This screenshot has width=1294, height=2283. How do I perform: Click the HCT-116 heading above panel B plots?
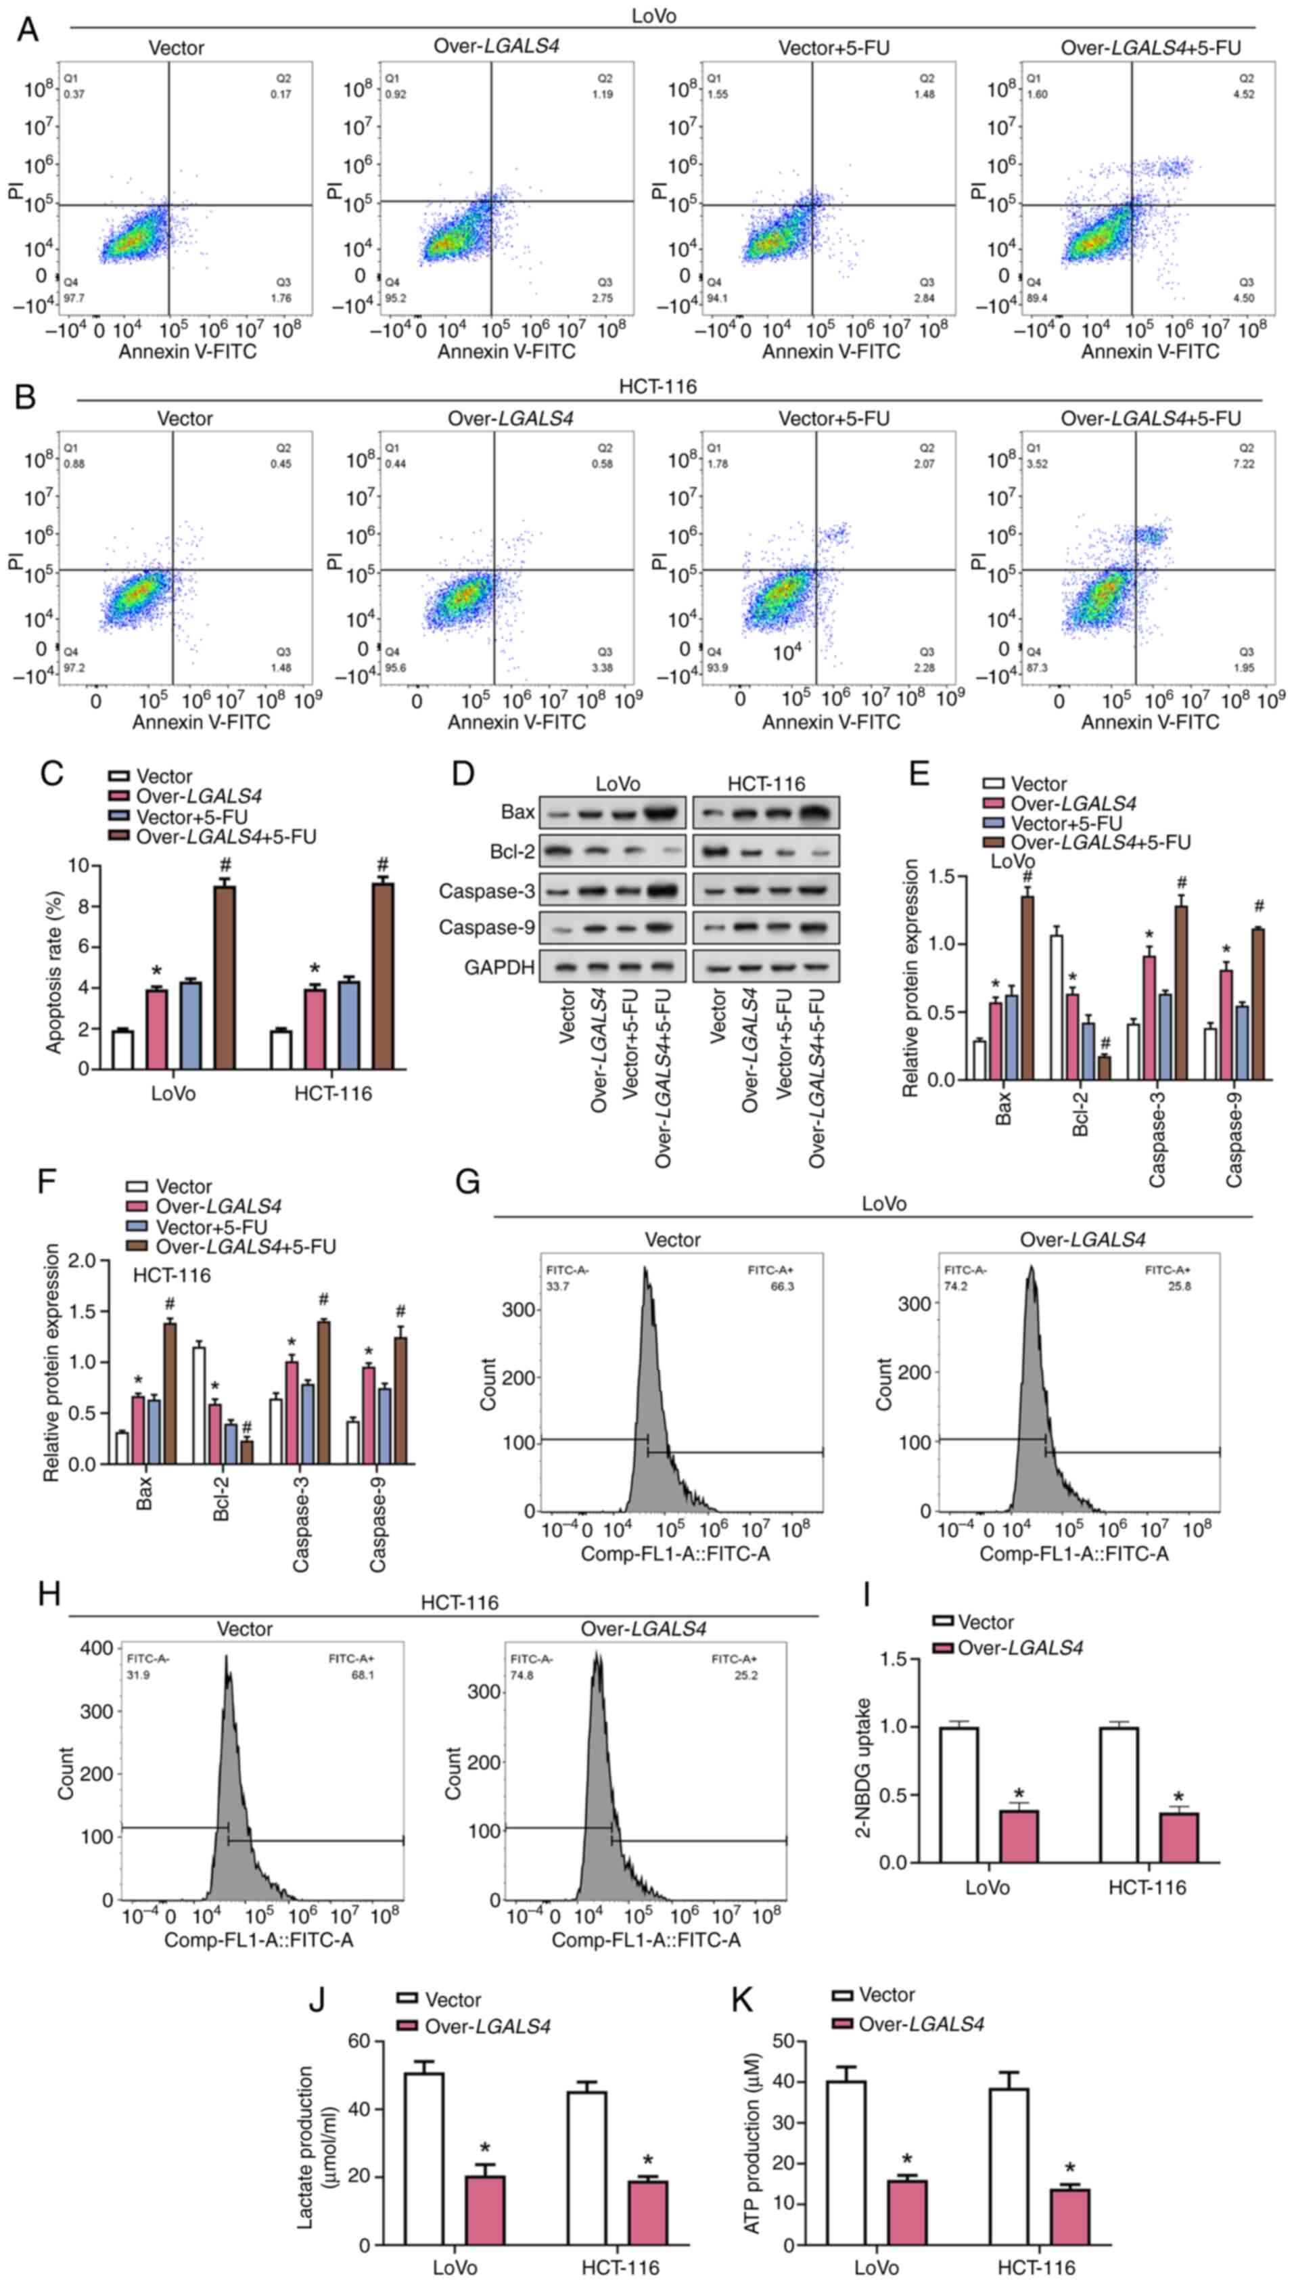pyautogui.click(x=657, y=386)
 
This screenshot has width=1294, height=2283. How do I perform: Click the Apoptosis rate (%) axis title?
pyautogui.click(x=55, y=967)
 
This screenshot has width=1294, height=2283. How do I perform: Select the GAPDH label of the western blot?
pyautogui.click(x=499, y=967)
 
